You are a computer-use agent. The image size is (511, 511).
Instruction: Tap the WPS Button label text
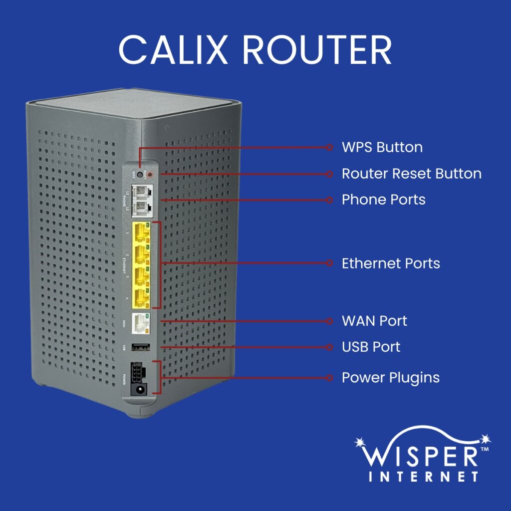pyautogui.click(x=382, y=147)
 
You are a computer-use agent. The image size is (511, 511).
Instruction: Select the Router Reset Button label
pyautogui.click(x=411, y=174)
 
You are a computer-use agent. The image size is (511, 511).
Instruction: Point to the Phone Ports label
pyautogui.click(x=383, y=200)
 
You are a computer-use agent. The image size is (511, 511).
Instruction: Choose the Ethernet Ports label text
pyautogui.click(x=391, y=263)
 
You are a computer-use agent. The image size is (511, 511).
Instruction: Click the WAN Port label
pyautogui.click(x=374, y=320)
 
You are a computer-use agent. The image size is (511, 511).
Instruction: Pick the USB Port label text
pyautogui.click(x=371, y=346)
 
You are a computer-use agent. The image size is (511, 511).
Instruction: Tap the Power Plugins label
pyautogui.click(x=390, y=377)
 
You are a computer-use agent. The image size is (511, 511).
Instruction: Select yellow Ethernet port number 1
pyautogui.click(x=141, y=233)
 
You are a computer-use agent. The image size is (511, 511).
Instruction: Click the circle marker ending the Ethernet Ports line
pyautogui.click(x=329, y=263)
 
